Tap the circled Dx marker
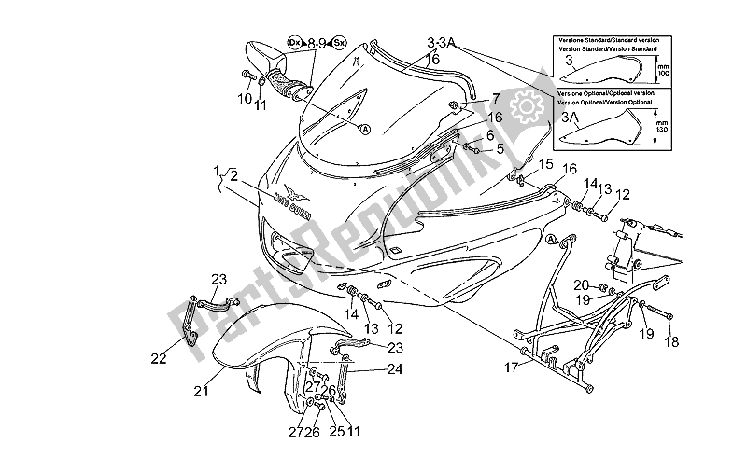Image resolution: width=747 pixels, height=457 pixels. [x=294, y=42]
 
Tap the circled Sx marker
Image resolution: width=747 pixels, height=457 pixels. [x=341, y=42]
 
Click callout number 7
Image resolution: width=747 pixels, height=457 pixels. [x=496, y=98]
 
